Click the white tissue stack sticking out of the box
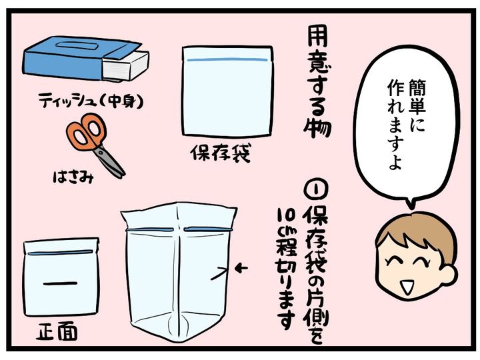point(125,67)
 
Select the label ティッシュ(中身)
point(91,101)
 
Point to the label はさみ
point(73,177)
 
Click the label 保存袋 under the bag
point(221,153)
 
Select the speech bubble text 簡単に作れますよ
point(406,124)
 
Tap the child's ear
point(450,275)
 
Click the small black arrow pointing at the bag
point(241,269)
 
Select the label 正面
point(57,332)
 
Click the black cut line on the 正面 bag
point(60,283)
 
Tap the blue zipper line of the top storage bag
point(227,60)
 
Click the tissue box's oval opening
point(77,46)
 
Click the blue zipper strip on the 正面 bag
point(60,253)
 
